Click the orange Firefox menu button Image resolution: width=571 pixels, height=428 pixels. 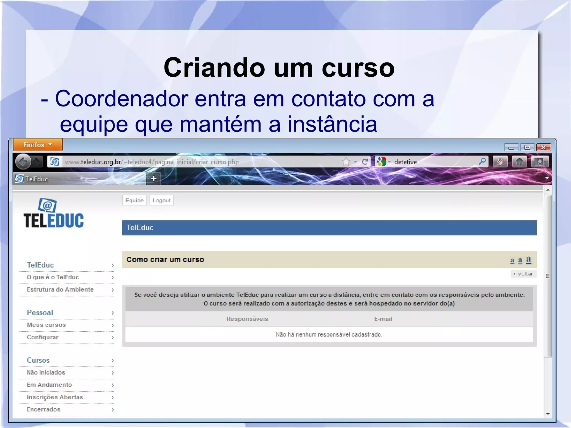(38, 145)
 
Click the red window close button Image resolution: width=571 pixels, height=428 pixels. (543, 147)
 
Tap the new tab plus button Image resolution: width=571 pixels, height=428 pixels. (154, 179)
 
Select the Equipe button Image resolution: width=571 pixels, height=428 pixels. (134, 200)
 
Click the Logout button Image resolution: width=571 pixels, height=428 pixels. (161, 200)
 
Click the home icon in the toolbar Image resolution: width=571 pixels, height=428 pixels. (519, 162)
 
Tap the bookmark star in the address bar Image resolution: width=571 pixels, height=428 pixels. (346, 162)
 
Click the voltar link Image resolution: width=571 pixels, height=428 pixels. (523, 274)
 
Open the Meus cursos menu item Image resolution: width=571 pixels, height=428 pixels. (46, 325)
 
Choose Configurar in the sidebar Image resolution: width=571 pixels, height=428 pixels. (43, 337)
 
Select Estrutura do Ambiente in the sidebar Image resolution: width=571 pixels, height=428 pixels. (60, 290)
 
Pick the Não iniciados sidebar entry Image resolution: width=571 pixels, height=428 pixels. (46, 373)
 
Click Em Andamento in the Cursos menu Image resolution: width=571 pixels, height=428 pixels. (49, 385)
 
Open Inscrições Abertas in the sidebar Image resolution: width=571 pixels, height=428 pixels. (55, 397)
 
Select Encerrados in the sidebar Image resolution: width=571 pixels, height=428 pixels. (43, 409)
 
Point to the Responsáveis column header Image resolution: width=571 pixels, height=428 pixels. (247, 319)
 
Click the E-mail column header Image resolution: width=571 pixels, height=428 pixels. (383, 319)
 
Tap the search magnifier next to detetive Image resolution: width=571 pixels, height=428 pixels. (482, 161)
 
